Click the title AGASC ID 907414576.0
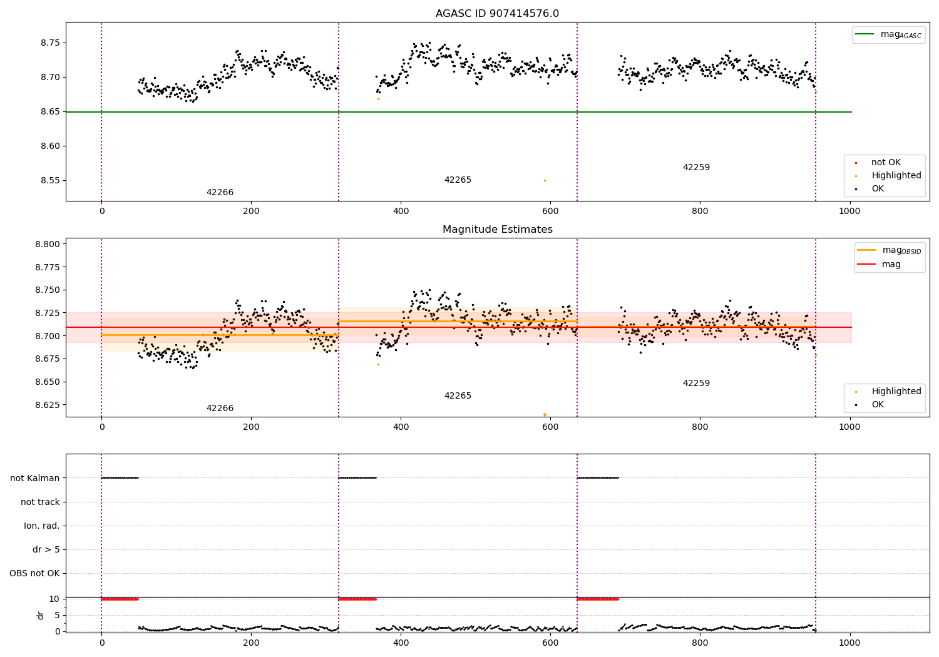(497, 14)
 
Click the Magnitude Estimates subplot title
(497, 230)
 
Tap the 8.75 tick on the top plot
(49, 43)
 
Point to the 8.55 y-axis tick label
(49, 181)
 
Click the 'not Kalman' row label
(35, 478)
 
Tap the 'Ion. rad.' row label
(42, 526)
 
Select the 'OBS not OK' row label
(34, 573)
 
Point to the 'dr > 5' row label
(46, 549)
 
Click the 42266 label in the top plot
(220, 193)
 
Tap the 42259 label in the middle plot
(696, 384)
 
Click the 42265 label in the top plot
(458, 180)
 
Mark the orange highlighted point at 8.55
(545, 180)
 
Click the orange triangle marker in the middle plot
(545, 415)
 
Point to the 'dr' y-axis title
(41, 615)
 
